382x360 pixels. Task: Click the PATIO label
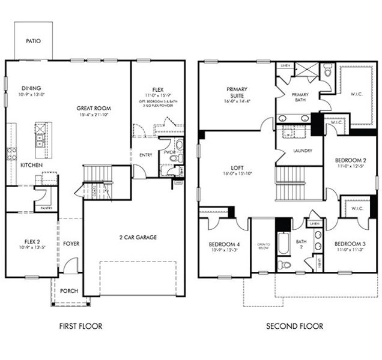[x=33, y=41]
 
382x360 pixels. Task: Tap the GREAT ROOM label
[x=94, y=109]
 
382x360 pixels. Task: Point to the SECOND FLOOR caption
[x=294, y=326]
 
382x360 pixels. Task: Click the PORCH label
[x=69, y=291]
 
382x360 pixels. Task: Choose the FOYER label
[x=71, y=244]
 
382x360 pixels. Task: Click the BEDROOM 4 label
[x=224, y=244]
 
